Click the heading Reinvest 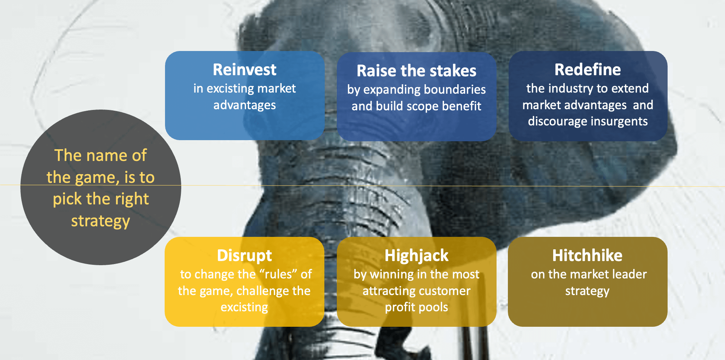pyautogui.click(x=245, y=70)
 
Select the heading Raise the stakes pyautogui.click(x=416, y=71)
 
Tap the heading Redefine pyautogui.click(x=588, y=70)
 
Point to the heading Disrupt pyautogui.click(x=244, y=256)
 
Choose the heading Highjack pyautogui.click(x=416, y=256)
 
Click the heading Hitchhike pyautogui.click(x=587, y=255)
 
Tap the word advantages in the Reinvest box pyautogui.click(x=245, y=105)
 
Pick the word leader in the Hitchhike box pyautogui.click(x=629, y=274)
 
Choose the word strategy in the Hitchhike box pyautogui.click(x=587, y=292)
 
